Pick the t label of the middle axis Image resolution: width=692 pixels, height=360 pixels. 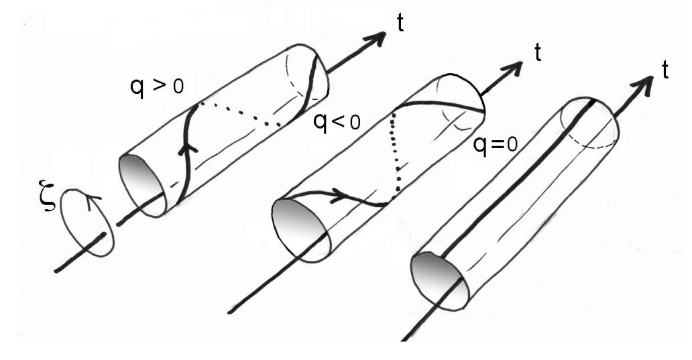tap(538, 53)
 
